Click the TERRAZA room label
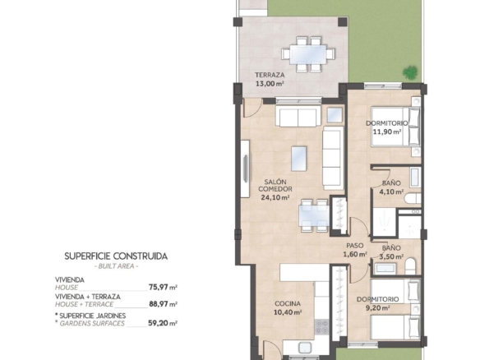[270, 75]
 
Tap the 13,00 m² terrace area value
[270, 84]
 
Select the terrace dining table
[308, 54]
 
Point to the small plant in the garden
[410, 72]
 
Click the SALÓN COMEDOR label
[275, 186]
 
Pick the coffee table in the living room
[299, 159]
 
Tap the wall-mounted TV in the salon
[246, 168]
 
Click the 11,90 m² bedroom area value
[387, 132]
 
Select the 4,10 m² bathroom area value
[391, 192]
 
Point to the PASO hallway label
[355, 246]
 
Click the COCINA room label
[288, 303]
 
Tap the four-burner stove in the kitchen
[321, 327]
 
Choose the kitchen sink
[305, 348]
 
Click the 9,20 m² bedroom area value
[378, 308]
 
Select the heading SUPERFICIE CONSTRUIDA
[116, 256]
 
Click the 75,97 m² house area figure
[164, 287]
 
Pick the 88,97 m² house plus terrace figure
[164, 304]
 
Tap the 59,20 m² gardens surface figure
[163, 323]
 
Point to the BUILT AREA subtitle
[116, 266]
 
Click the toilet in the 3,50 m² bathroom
[410, 266]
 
